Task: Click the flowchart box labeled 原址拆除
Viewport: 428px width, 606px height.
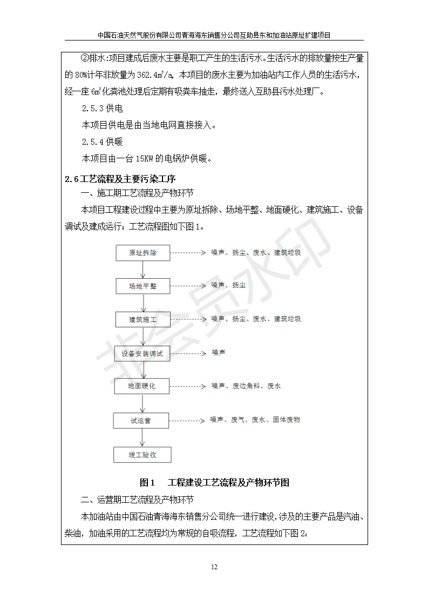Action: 142,253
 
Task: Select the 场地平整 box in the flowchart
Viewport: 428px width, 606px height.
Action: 142,286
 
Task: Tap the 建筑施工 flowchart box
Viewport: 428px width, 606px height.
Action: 142,319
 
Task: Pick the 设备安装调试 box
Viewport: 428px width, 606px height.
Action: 142,354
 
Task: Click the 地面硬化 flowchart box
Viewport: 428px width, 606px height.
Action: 141,386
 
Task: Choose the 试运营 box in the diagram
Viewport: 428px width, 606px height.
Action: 141,420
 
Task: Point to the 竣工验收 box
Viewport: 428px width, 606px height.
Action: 142,454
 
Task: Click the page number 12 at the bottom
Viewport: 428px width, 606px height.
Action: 214,567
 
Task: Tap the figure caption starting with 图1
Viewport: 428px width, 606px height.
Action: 214,482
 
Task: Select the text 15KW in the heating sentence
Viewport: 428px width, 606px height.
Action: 145,159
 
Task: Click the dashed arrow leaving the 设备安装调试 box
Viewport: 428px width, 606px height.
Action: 188,353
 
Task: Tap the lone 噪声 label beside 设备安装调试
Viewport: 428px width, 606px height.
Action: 218,353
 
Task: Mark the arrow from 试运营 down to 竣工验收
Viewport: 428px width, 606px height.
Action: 142,437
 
